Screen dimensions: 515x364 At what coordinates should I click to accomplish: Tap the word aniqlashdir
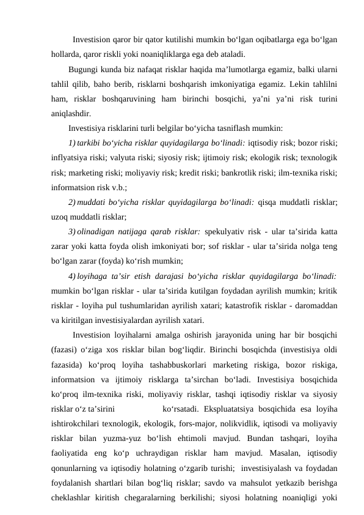[x=72, y=113]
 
